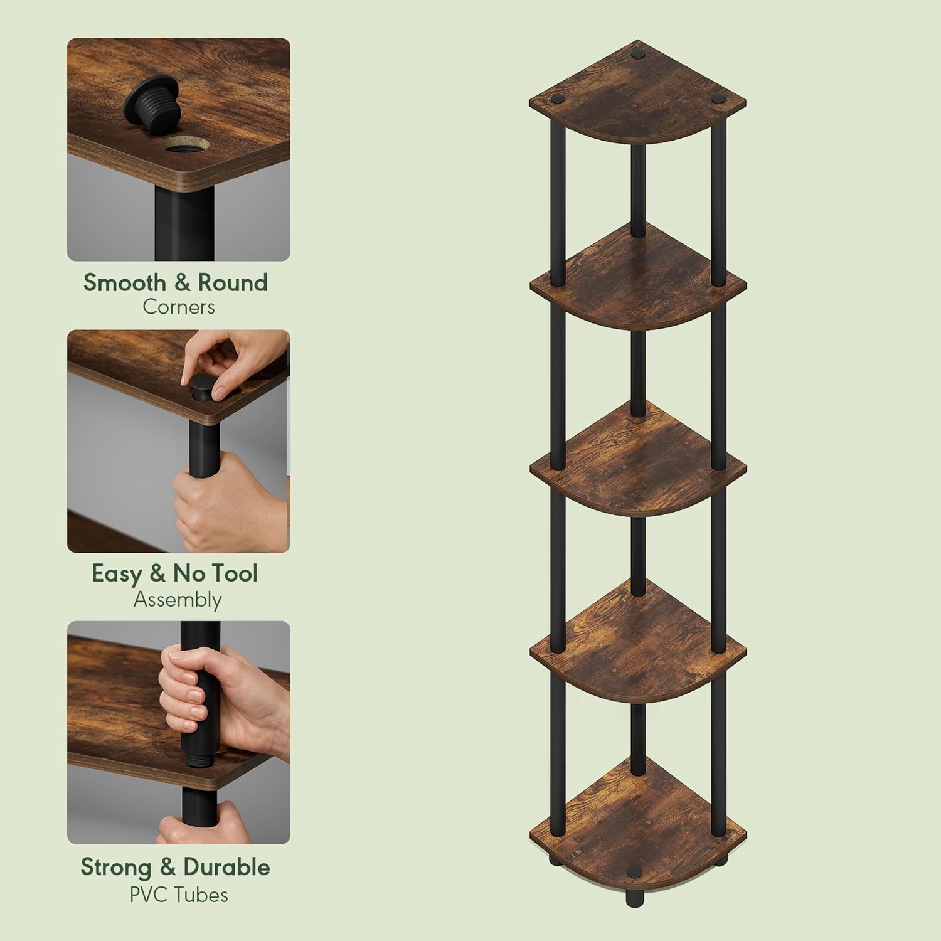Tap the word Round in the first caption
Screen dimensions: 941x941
click(x=233, y=283)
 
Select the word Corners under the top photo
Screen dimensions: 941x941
click(x=178, y=307)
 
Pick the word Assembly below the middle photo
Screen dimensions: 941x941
click(x=178, y=600)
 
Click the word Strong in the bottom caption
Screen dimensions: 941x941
click(x=116, y=868)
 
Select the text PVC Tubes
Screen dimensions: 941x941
click(x=179, y=894)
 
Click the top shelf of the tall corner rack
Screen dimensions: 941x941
click(x=638, y=94)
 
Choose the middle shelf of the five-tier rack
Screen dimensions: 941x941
click(x=638, y=461)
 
